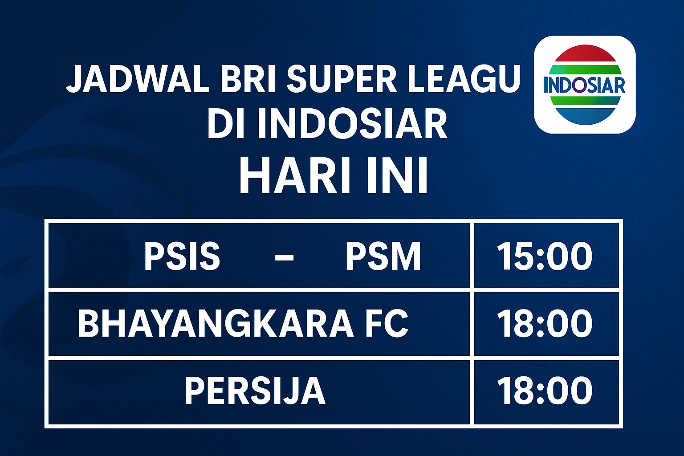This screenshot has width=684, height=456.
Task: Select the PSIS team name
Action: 182,256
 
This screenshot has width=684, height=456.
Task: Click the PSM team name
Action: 383,256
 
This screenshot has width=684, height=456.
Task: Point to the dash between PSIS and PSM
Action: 284,257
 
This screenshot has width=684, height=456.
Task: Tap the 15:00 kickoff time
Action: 544,256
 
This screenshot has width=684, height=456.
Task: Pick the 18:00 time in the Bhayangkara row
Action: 544,324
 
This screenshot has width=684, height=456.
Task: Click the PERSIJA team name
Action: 255,391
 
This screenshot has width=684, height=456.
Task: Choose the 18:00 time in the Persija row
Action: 544,391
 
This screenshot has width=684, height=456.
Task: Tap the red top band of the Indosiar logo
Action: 584,54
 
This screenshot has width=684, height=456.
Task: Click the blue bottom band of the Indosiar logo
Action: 584,115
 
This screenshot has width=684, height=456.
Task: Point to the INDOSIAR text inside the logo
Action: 584,85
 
